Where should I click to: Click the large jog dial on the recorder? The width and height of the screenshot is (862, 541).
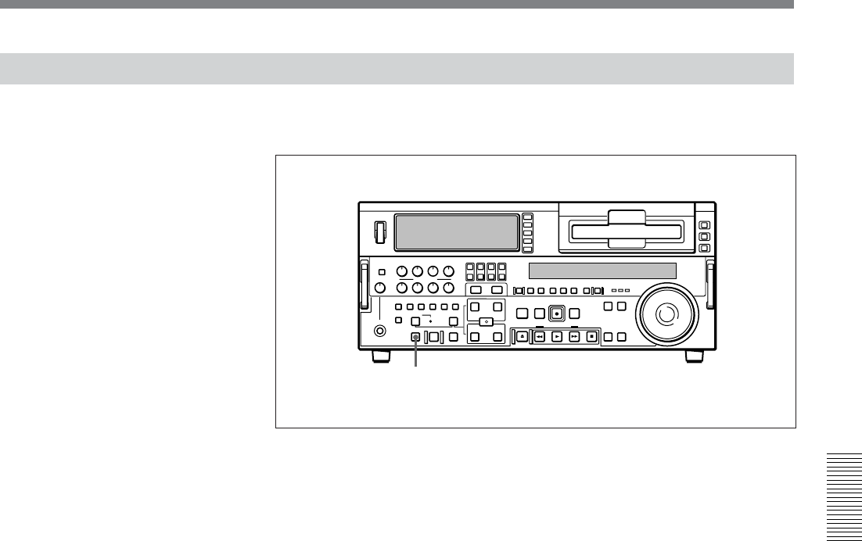(x=664, y=316)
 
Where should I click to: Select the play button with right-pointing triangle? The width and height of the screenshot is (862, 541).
(x=557, y=337)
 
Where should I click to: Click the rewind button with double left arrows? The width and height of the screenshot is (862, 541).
(x=540, y=337)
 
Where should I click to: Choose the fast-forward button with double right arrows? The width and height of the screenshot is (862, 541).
(x=574, y=337)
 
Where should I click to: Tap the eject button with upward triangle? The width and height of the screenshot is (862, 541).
(x=522, y=337)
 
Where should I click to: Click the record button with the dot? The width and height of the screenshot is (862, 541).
(x=556, y=313)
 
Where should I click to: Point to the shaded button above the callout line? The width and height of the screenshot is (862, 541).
(x=416, y=337)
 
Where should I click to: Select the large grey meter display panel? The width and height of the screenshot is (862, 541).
(x=457, y=231)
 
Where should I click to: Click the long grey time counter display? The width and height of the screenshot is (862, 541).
(x=602, y=271)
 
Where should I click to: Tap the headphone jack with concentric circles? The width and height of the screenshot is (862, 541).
(x=380, y=331)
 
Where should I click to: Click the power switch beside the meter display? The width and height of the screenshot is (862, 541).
(x=380, y=232)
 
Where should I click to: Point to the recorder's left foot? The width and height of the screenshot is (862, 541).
(x=380, y=356)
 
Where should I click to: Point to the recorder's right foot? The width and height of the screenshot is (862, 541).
(x=694, y=356)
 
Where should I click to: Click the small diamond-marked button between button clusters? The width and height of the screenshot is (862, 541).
(x=486, y=321)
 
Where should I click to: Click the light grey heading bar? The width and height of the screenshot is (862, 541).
(x=397, y=68)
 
